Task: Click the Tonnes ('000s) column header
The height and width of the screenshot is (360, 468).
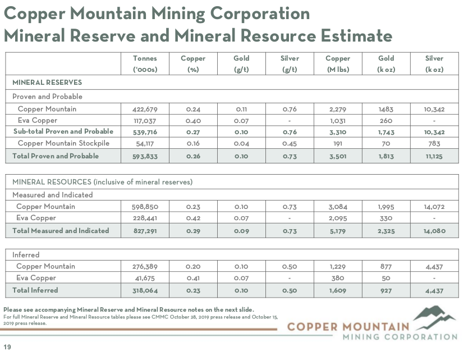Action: [x=144, y=63]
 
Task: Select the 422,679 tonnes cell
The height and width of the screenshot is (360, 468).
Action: [x=145, y=109]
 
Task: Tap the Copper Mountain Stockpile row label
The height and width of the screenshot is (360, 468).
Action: [x=63, y=143]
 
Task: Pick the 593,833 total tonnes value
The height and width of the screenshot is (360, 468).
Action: [x=145, y=156]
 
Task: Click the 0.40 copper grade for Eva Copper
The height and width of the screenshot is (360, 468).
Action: [x=193, y=120]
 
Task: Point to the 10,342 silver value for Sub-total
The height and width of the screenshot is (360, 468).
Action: [x=434, y=131]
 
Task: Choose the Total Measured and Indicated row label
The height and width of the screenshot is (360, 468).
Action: [x=61, y=230]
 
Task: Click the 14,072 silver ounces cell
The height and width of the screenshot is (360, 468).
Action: [x=434, y=207]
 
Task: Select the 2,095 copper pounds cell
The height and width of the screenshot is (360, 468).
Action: [x=338, y=218]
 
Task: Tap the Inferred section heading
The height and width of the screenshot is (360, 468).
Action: [x=26, y=255]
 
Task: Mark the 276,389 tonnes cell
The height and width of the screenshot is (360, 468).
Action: [x=145, y=266]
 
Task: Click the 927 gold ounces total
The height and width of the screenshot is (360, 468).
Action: [x=386, y=290]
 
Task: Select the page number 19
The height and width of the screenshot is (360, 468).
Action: [x=7, y=347]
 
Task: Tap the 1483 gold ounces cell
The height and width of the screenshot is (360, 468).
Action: [x=386, y=109]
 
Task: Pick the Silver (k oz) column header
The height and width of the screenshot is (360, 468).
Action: [x=434, y=63]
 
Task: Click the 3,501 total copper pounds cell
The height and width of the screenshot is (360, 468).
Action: [x=338, y=156]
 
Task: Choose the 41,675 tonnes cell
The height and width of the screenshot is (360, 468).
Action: [x=145, y=278]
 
